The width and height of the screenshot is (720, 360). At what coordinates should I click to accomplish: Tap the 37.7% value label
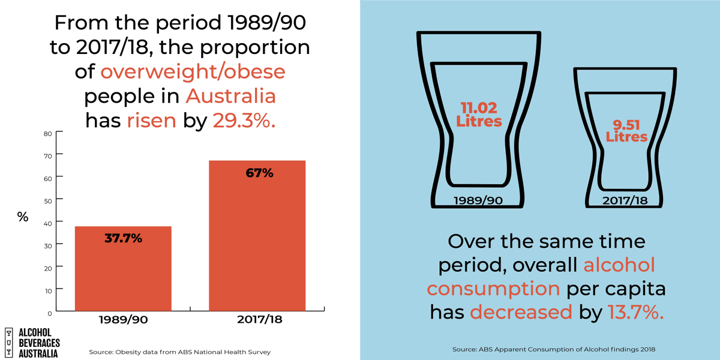pyautogui.click(x=122, y=238)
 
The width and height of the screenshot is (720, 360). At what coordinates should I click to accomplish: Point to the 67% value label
pyautogui.click(x=259, y=173)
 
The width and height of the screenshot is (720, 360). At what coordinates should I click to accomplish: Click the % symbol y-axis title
pyautogui.click(x=22, y=217)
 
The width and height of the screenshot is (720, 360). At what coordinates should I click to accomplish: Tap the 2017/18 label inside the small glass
pyautogui.click(x=626, y=200)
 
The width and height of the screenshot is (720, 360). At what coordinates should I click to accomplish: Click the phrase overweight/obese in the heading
pyautogui.click(x=193, y=71)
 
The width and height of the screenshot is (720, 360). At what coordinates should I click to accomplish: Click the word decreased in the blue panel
pyautogui.click(x=521, y=312)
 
